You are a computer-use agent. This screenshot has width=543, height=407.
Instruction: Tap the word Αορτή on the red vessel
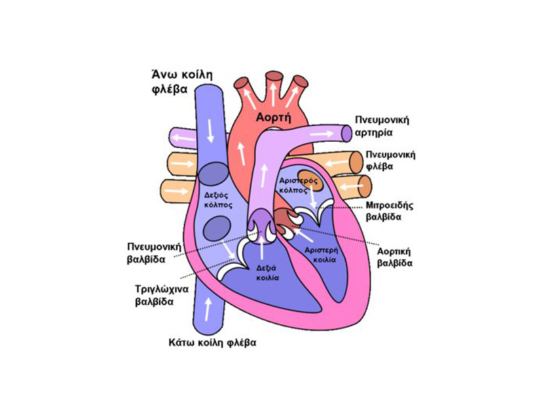pyautogui.click(x=274, y=117)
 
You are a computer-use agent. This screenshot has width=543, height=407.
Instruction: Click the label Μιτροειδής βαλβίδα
pyautogui.click(x=391, y=211)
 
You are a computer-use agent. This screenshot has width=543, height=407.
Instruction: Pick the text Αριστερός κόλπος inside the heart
pyautogui.click(x=298, y=186)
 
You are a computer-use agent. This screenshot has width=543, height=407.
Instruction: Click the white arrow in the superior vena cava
pyautogui.click(x=210, y=129)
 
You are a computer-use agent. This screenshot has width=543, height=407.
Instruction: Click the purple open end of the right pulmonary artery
pyautogui.click(x=347, y=134)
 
